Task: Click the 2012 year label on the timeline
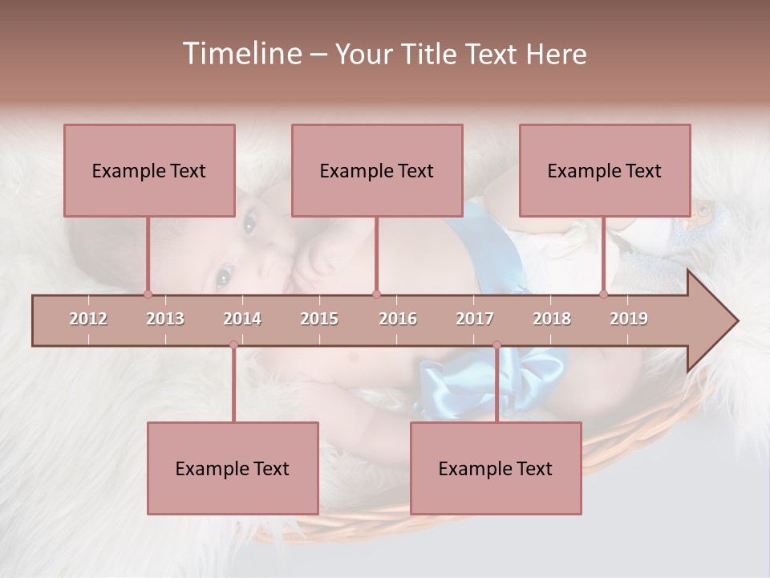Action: click(x=88, y=319)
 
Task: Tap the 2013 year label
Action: click(x=165, y=319)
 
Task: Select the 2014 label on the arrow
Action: click(x=242, y=319)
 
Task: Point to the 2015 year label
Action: click(x=319, y=319)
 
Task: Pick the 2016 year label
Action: click(x=398, y=319)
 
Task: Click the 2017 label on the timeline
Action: click(x=475, y=319)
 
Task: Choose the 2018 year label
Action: click(x=552, y=319)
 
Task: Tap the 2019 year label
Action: click(x=629, y=319)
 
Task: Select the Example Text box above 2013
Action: click(x=149, y=170)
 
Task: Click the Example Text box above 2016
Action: click(x=377, y=170)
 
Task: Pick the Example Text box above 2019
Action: click(x=605, y=170)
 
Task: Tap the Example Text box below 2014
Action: click(x=233, y=468)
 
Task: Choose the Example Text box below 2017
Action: click(x=496, y=468)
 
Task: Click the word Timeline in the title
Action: click(x=241, y=54)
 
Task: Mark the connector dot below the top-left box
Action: click(x=148, y=294)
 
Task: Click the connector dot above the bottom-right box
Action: click(x=496, y=345)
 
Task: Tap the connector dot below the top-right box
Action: click(x=604, y=294)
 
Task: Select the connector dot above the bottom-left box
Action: click(x=233, y=345)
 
